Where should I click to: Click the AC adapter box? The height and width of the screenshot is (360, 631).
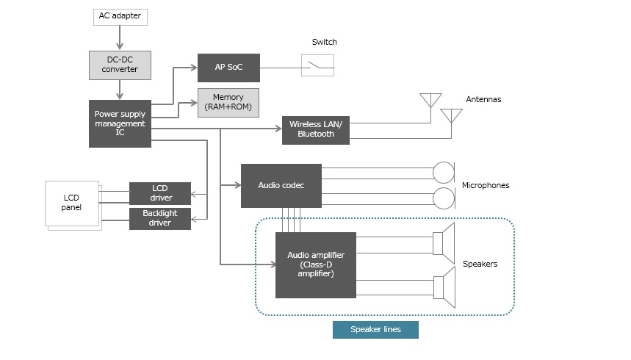120,15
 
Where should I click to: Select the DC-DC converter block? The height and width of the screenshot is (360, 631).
120,65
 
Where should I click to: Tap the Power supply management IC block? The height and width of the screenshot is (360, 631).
120,123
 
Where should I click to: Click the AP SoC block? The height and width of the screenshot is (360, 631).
228,68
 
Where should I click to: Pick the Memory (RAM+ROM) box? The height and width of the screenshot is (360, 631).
228,102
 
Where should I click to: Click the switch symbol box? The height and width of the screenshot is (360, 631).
317,65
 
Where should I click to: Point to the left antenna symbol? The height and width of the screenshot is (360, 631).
430,100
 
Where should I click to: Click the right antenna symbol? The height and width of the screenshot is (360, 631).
451,115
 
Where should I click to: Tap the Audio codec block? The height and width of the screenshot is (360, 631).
281,185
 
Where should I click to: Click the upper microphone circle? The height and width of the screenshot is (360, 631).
444,173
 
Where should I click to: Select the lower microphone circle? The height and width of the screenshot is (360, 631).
444,198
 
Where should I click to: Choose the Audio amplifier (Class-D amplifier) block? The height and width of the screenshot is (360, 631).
315,264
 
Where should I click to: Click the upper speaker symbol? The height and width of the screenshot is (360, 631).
444,243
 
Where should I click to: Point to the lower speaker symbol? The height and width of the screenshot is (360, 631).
444,287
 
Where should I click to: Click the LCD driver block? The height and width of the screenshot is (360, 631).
160,193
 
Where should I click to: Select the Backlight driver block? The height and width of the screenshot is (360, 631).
160,219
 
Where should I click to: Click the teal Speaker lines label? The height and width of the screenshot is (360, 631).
375,329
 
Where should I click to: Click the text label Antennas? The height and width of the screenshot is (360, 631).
483,99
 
